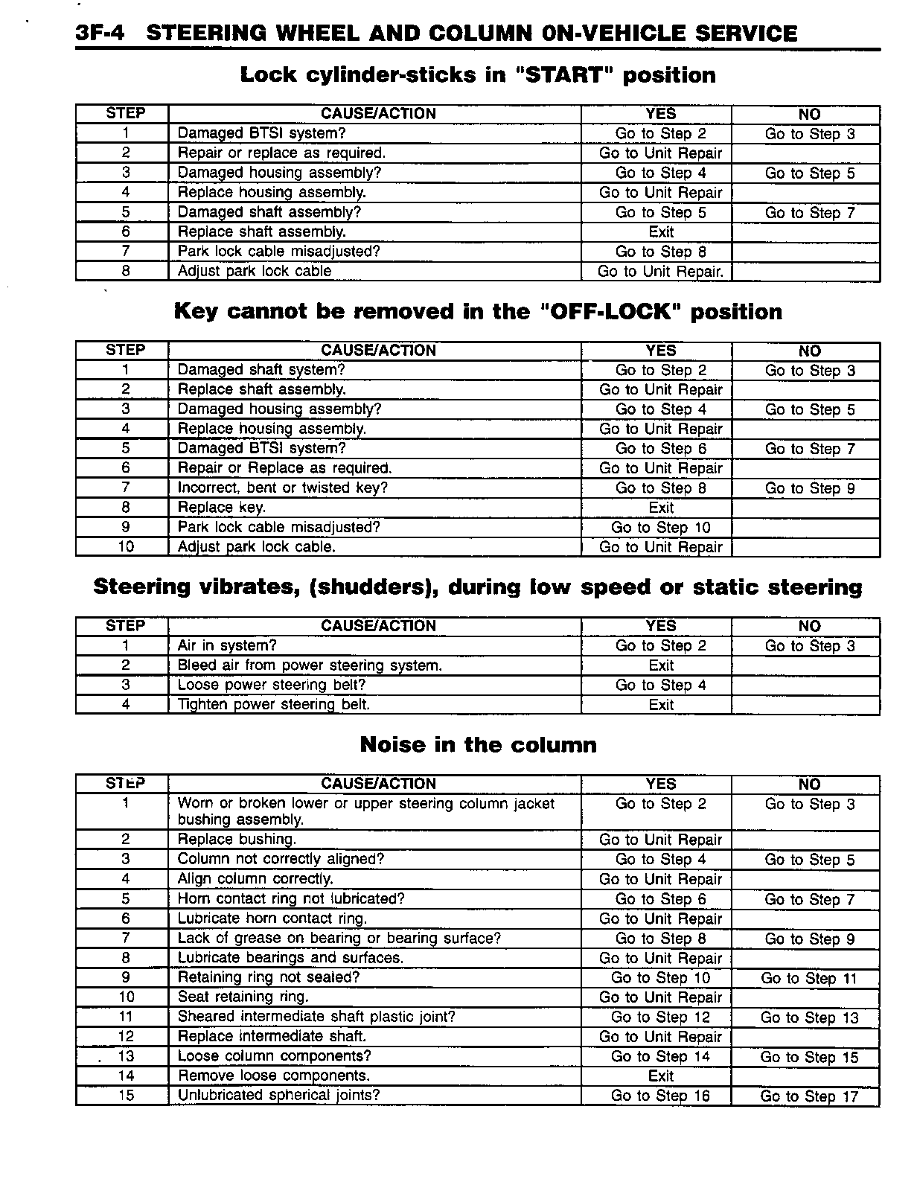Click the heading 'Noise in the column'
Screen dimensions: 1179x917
pyautogui.click(x=478, y=745)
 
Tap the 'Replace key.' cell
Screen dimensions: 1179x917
pyautogui.click(x=222, y=508)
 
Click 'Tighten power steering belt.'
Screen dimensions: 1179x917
pyautogui.click(x=273, y=704)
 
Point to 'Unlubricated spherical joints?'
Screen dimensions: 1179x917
pyautogui.click(x=278, y=1095)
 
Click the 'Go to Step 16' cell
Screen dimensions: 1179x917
pyautogui.click(x=660, y=1096)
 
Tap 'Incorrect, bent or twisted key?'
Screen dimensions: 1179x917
pyautogui.click(x=283, y=488)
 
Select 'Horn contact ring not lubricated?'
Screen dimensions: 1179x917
pyautogui.click(x=291, y=898)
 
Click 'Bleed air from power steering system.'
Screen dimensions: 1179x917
pyautogui.click(x=310, y=665)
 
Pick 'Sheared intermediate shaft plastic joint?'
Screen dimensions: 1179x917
pyautogui.click(x=316, y=1017)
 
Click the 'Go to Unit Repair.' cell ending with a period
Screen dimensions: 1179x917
pyautogui.click(x=660, y=272)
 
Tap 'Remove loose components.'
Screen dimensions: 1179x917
pyautogui.click(x=273, y=1076)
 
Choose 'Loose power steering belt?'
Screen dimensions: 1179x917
pyautogui.click(x=272, y=685)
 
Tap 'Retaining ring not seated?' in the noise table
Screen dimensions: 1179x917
pyautogui.click(x=268, y=977)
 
